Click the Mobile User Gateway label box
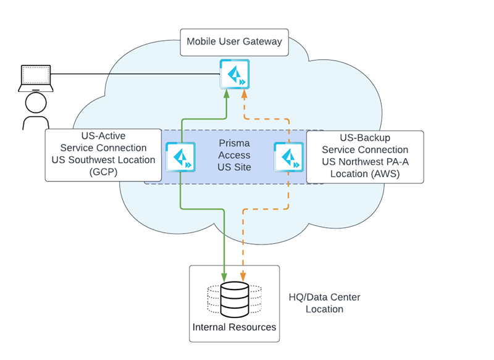coord(234,41)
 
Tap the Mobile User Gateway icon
coord(234,75)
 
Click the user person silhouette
coord(35,113)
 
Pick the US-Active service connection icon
coord(180,157)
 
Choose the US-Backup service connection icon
coord(288,157)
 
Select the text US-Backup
coord(364,138)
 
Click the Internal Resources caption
coord(234,327)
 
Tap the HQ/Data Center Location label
coord(324,303)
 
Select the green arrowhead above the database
coord(224,276)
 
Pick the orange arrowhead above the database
coord(243,276)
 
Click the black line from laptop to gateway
coord(136,74)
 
